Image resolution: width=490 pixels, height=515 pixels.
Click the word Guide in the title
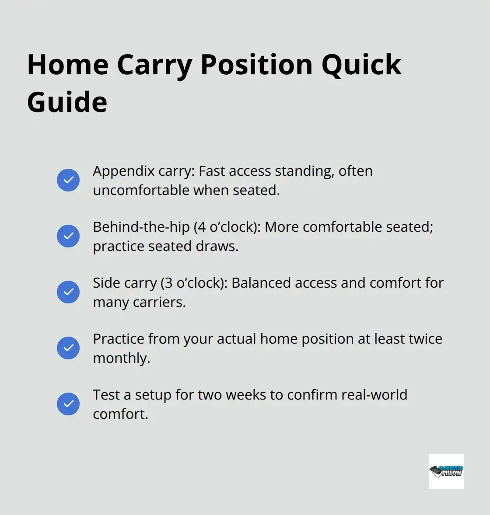[x=67, y=102]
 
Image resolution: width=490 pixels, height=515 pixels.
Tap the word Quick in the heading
[x=361, y=65]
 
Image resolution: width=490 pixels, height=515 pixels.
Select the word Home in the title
[x=67, y=65]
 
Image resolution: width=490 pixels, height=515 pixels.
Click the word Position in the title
[x=256, y=65]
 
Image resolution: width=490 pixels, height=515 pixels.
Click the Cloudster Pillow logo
[x=446, y=471]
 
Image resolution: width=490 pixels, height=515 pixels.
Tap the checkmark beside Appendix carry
[x=68, y=180]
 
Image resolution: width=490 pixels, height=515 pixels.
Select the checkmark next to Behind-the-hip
[x=68, y=236]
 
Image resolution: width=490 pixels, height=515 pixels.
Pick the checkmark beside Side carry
[x=68, y=292]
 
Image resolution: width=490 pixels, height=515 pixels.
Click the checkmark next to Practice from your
[x=68, y=348]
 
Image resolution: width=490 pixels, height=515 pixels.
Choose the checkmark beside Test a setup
[x=68, y=404]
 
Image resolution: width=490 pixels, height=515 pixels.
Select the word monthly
[x=121, y=358]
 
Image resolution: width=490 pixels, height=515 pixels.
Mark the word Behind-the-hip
[x=141, y=227]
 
